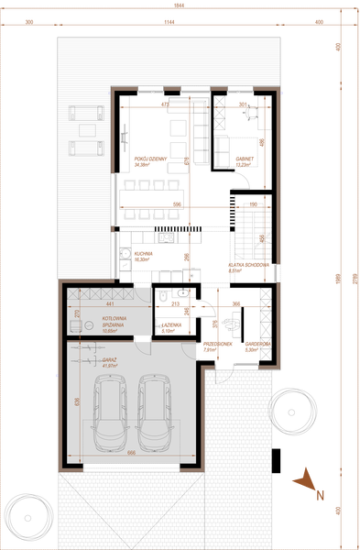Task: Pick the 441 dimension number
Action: (108, 302)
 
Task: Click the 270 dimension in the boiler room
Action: (77, 315)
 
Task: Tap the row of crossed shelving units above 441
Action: (100, 292)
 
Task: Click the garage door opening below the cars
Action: (131, 467)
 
